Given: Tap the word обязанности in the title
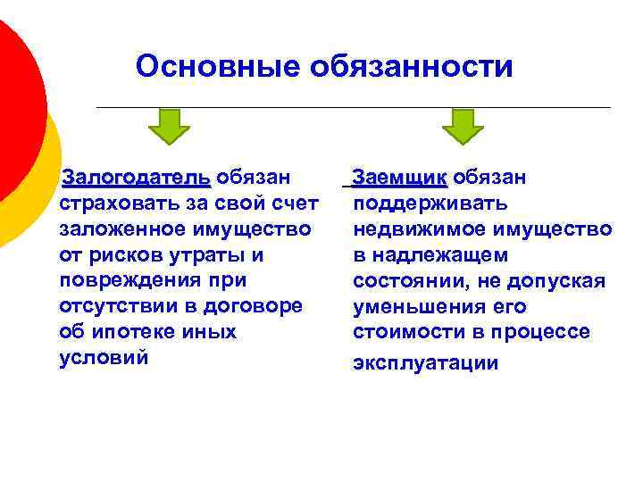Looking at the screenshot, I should click(411, 67).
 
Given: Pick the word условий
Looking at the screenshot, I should click(103, 358).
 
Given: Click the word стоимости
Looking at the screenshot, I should click(405, 332).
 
